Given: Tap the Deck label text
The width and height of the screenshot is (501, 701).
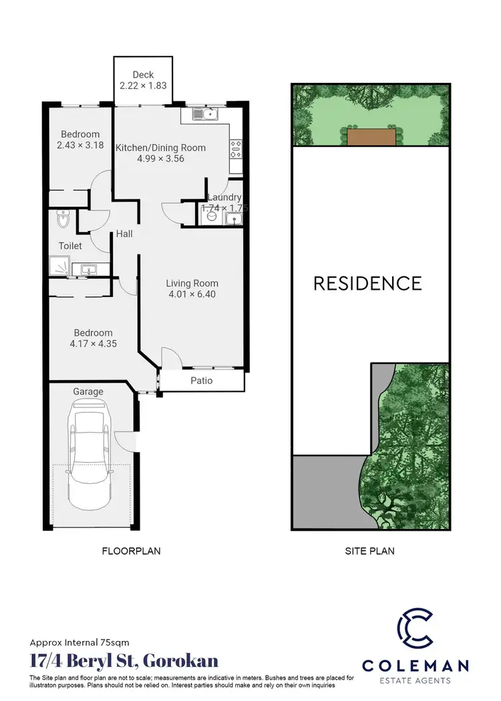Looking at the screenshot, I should (143, 75).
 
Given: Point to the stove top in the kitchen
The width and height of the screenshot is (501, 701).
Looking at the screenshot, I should (236, 148).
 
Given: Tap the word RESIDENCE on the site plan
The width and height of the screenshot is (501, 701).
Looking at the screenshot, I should (368, 283).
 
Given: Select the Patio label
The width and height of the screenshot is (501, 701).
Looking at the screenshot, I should (202, 381).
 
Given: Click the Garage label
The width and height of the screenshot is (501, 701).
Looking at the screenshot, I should (88, 391).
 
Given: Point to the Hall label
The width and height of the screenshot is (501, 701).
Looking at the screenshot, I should (124, 234).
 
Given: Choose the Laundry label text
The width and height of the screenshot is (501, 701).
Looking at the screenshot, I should (224, 198).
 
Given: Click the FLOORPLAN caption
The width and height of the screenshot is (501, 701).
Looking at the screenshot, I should (131, 551).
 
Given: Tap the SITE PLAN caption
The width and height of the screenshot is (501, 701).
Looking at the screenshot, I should (369, 551).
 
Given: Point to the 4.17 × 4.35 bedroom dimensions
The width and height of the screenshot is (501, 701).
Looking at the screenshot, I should (93, 344).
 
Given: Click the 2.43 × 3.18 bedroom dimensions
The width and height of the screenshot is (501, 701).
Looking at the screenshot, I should (79, 146).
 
